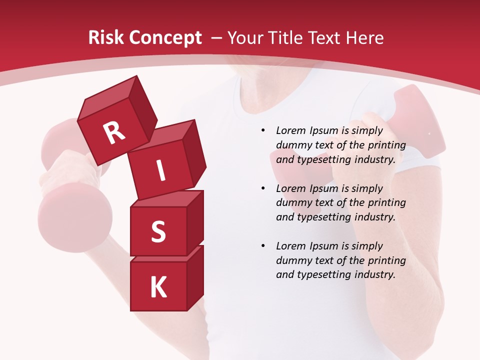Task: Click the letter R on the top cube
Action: [114, 132]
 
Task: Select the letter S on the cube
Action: [158, 231]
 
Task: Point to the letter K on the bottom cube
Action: [158, 287]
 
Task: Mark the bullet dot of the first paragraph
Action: [263, 130]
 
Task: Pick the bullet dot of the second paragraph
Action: [263, 188]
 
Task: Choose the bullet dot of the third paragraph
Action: [263, 246]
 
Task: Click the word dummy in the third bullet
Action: [292, 260]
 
